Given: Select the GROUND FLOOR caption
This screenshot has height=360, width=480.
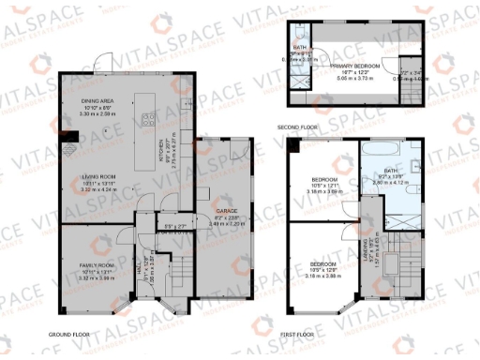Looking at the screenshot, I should (78, 333).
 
